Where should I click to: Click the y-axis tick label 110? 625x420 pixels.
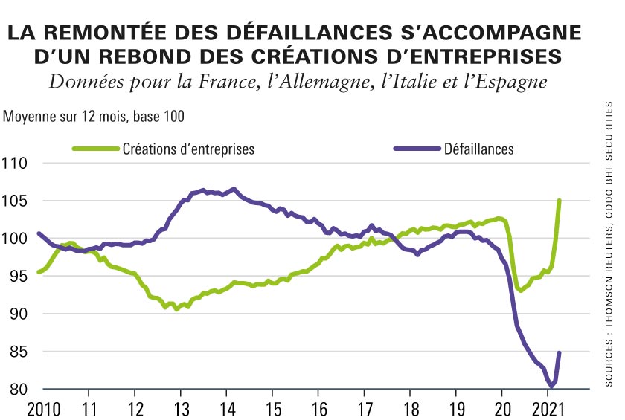(x=16, y=163)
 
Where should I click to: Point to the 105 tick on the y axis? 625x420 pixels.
(x=16, y=201)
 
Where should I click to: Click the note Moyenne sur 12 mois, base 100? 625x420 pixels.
(x=94, y=117)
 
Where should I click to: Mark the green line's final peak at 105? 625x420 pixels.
(x=559, y=201)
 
